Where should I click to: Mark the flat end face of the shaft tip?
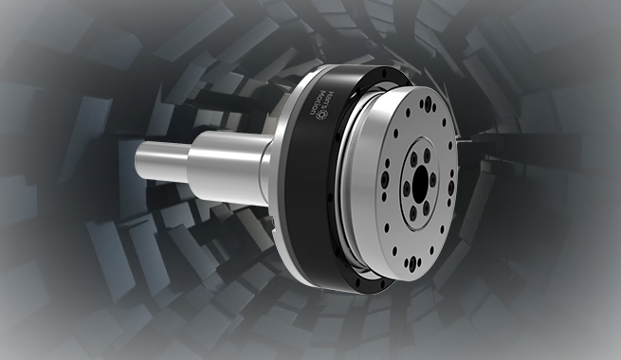[141, 159]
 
